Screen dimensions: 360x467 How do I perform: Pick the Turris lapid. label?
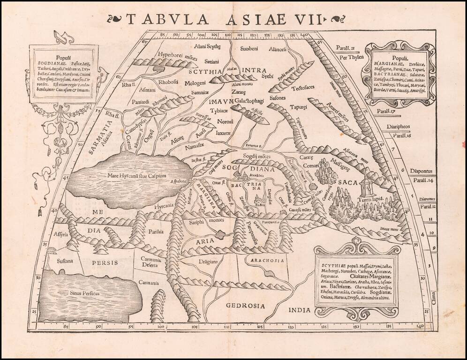(x=371, y=199)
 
